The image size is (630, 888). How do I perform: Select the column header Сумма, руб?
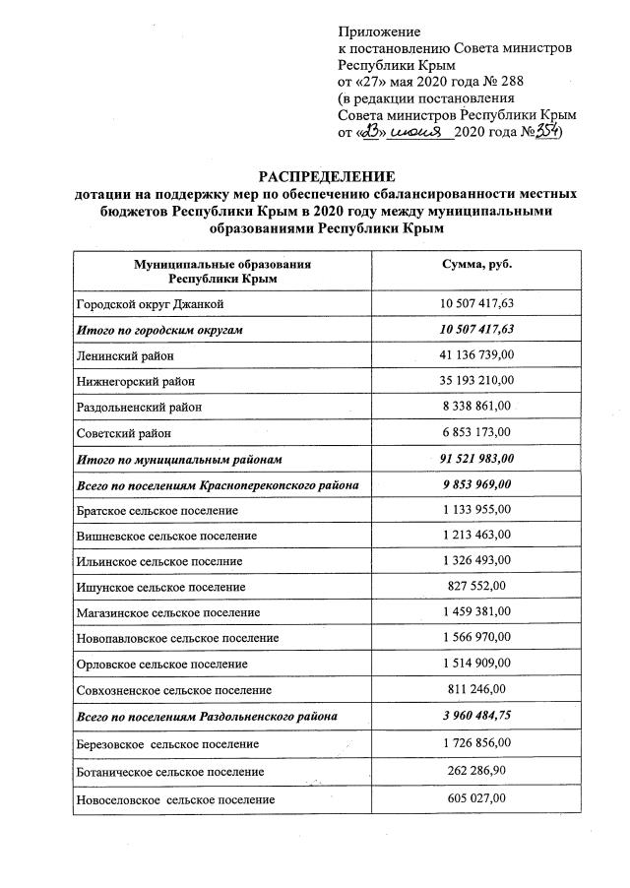pyautogui.click(x=478, y=265)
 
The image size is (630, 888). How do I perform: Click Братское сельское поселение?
pyautogui.click(x=157, y=511)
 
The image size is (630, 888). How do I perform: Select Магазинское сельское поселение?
pyautogui.click(x=166, y=612)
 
